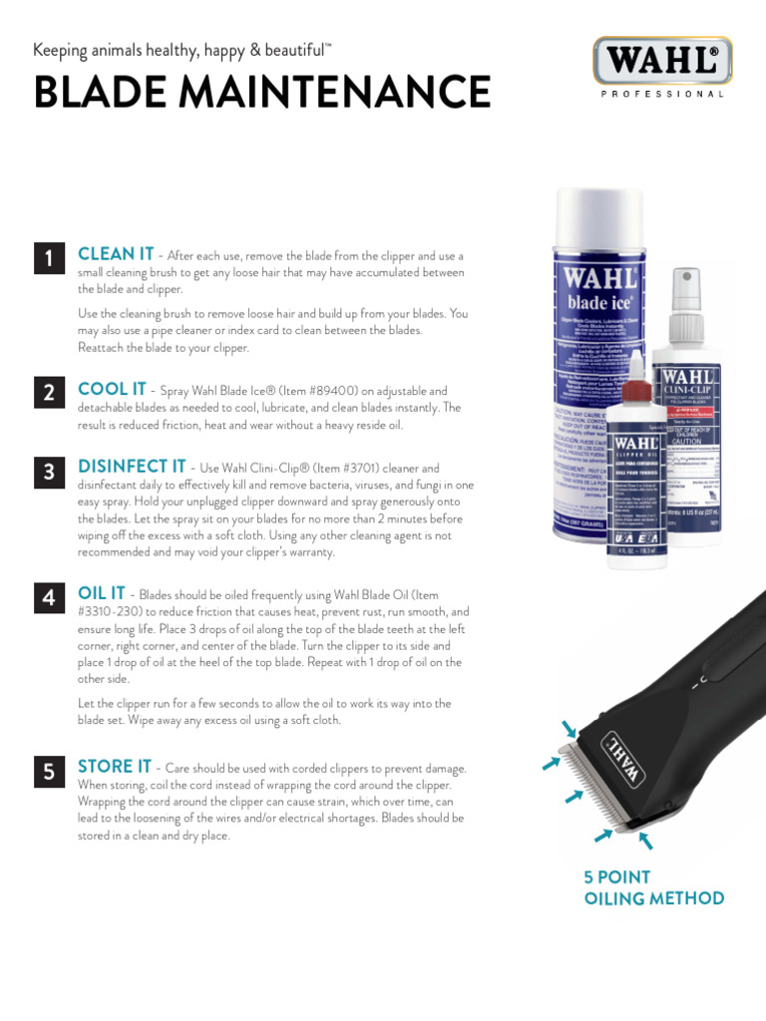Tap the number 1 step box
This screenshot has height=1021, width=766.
49,259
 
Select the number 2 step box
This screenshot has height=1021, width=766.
49,393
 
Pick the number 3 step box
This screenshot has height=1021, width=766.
49,471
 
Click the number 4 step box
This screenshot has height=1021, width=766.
49,597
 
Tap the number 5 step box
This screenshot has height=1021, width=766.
49,771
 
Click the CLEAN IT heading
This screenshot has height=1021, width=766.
116,254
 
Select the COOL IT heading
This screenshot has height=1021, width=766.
112,389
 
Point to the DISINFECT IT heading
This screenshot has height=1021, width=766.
132,467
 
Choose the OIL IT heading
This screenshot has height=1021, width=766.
101,593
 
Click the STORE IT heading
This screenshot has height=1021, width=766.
115,767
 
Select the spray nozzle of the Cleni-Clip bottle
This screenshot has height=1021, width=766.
685,284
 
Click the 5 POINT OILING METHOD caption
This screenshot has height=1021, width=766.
653,887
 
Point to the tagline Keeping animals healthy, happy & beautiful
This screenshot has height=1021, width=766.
183,50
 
